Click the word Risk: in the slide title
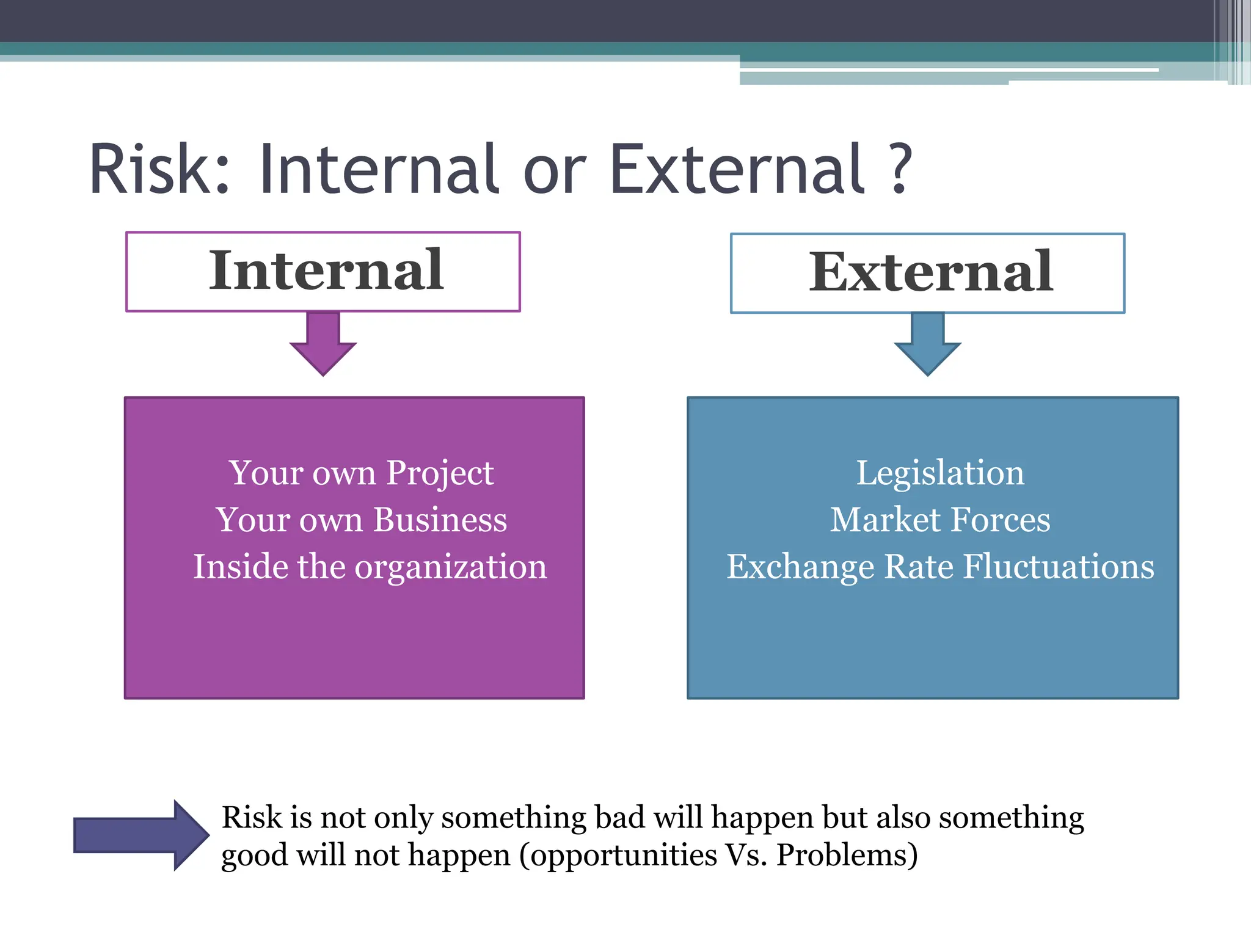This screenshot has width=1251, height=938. click(x=160, y=169)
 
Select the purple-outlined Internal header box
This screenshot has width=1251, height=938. click(x=323, y=271)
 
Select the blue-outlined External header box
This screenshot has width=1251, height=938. click(x=927, y=273)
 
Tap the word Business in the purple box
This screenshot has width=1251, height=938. click(x=440, y=520)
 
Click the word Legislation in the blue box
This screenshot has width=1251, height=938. click(x=940, y=473)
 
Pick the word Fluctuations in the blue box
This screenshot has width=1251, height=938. click(x=1059, y=567)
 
